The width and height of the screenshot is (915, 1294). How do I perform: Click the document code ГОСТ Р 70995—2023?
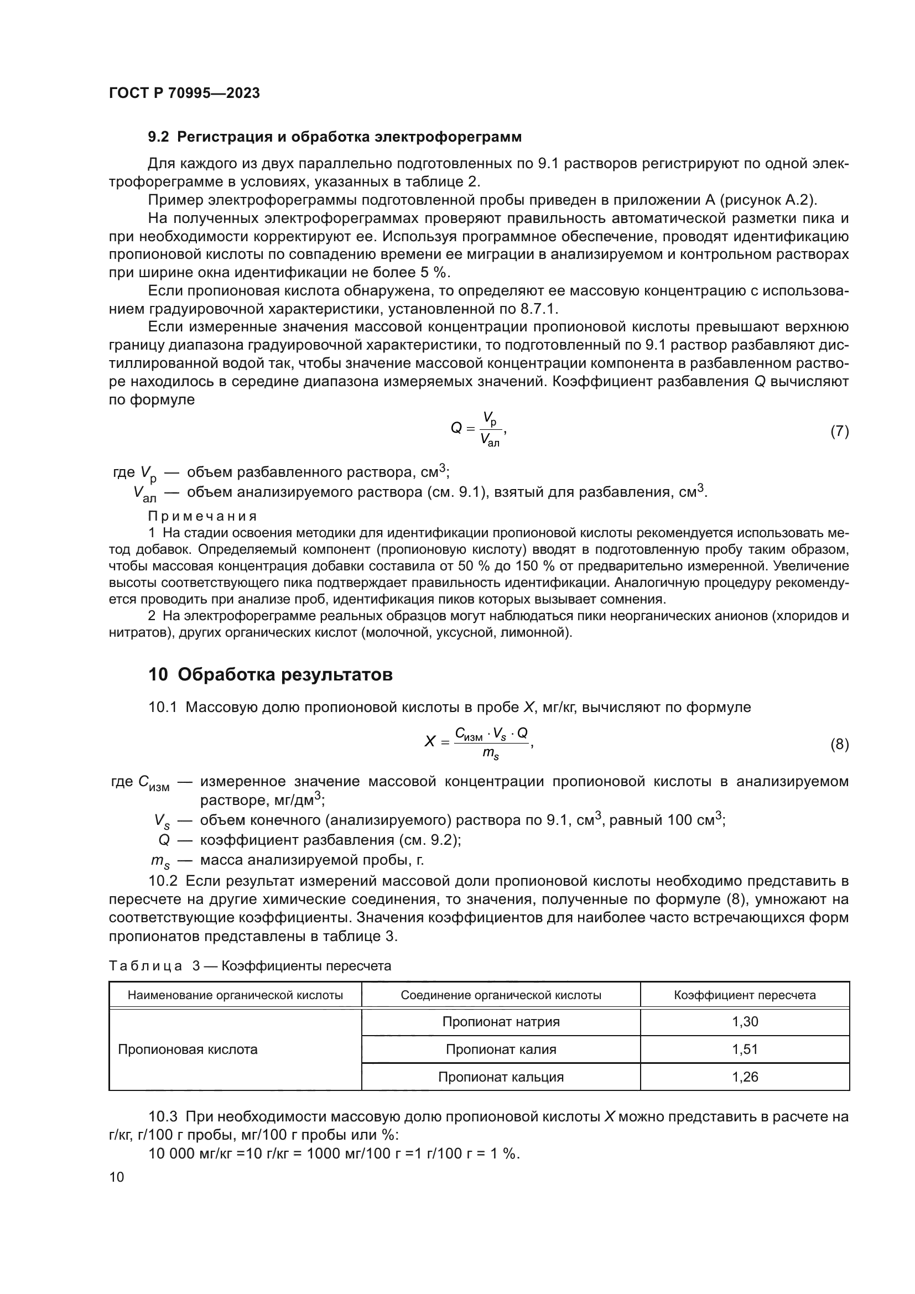pos(184,93)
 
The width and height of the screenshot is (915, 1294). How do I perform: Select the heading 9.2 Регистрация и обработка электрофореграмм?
pos(335,137)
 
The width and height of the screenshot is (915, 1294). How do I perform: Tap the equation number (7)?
pos(839,431)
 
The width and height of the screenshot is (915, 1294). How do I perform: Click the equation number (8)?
pos(839,745)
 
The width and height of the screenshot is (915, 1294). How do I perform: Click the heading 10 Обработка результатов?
pos(271,674)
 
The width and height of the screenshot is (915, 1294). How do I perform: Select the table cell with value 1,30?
pos(744,1022)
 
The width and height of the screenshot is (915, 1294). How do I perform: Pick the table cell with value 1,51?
pos(744,1049)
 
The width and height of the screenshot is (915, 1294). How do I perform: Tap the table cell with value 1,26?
pos(744,1077)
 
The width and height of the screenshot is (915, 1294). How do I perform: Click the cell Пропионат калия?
pos(501,1049)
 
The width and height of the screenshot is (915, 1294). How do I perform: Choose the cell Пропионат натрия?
pos(501,1022)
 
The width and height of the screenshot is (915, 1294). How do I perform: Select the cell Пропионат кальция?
pos(501,1077)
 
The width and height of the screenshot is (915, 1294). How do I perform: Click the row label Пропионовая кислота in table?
pos(188,1049)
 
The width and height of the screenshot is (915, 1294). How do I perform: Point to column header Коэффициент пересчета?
pos(744,995)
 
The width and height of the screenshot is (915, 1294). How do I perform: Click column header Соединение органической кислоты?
pos(501,995)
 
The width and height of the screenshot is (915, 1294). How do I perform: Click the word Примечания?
pos(202,516)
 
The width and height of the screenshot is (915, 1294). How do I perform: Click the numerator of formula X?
pos(491,733)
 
